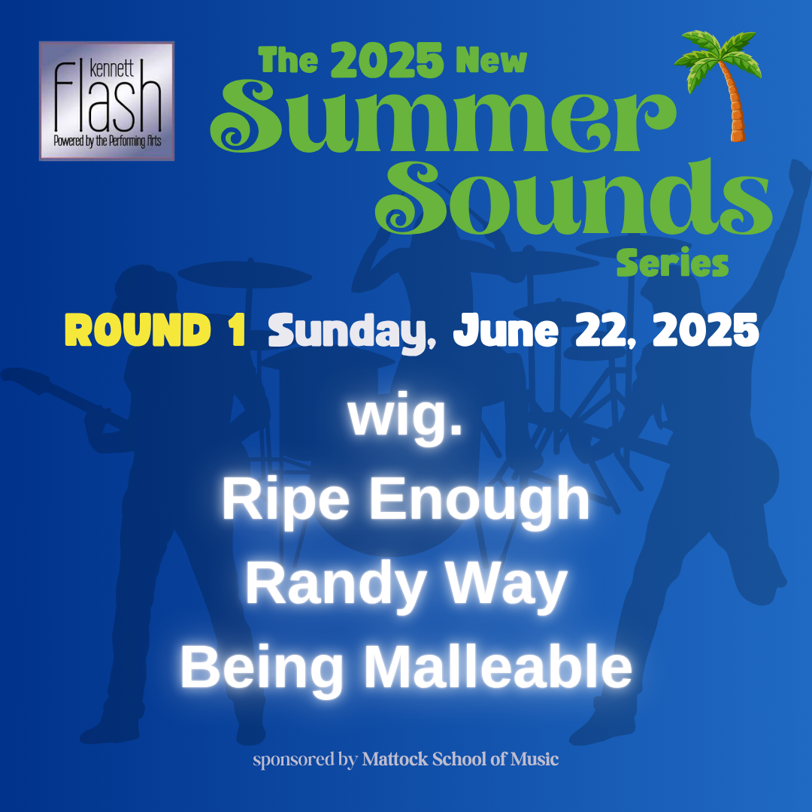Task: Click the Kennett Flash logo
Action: pyautogui.click(x=107, y=101)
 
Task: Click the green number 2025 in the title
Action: pyautogui.click(x=387, y=61)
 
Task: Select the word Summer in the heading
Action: pyautogui.click(x=444, y=117)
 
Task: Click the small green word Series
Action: pyautogui.click(x=672, y=262)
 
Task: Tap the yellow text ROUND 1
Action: pyautogui.click(x=156, y=330)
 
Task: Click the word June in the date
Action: pyautogui.click(x=506, y=330)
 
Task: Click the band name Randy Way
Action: pyautogui.click(x=407, y=584)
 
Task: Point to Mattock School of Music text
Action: pyautogui.click(x=460, y=759)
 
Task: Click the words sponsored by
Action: pyautogui.click(x=305, y=760)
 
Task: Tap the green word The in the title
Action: pyautogui.click(x=288, y=61)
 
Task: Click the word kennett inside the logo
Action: pyautogui.click(x=112, y=68)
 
